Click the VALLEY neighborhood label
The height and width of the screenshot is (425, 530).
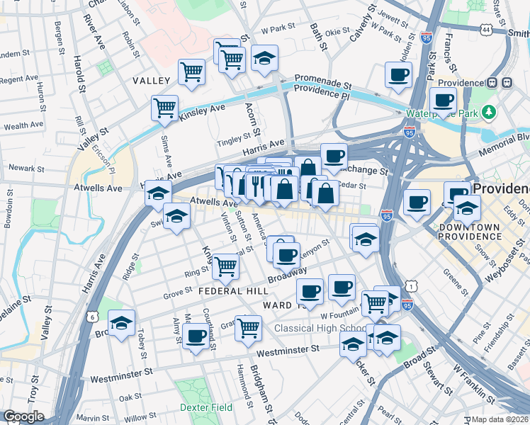point(152,81)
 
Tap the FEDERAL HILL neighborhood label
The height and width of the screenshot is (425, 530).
point(233,291)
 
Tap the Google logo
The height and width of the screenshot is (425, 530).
point(23,416)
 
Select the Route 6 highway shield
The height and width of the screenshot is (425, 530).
point(94,317)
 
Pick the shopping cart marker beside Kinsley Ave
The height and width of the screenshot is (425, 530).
point(164,108)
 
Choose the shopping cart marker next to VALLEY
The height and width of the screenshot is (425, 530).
point(191,72)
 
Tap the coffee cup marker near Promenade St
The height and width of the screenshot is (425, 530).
point(398,74)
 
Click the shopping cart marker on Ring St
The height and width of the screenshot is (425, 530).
point(225,266)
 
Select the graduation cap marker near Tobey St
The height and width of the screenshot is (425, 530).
point(122,324)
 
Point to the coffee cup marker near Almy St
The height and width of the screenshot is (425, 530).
point(196,336)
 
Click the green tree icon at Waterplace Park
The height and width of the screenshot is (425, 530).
point(487,112)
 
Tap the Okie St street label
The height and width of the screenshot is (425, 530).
point(337,30)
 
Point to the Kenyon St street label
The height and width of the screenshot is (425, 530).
point(315,248)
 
